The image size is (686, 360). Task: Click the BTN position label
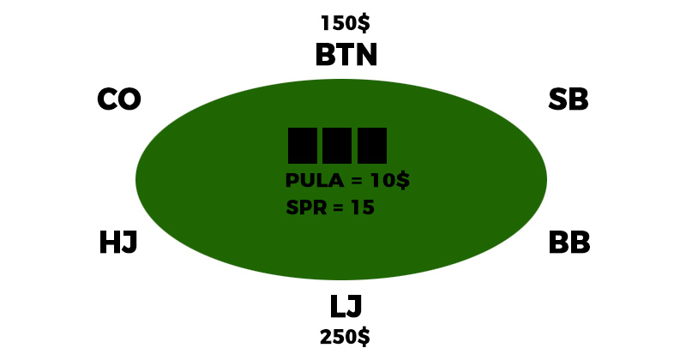pos(346,55)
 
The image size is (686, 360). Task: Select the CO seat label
pos(118,100)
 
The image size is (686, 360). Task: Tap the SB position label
pos(568,100)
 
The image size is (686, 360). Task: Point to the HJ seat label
pos(118,243)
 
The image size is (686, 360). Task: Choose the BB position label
pos(569,243)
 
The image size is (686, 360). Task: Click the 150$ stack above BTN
pos(345,23)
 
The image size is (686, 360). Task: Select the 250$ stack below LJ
pos(345,337)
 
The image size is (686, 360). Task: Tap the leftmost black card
pos(303,146)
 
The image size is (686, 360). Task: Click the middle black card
pos(337,146)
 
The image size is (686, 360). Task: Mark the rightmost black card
pos(372,146)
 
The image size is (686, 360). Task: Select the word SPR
pos(306,208)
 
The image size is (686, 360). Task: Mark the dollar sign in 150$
pos(364,23)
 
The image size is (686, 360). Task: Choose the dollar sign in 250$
pos(364,337)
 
